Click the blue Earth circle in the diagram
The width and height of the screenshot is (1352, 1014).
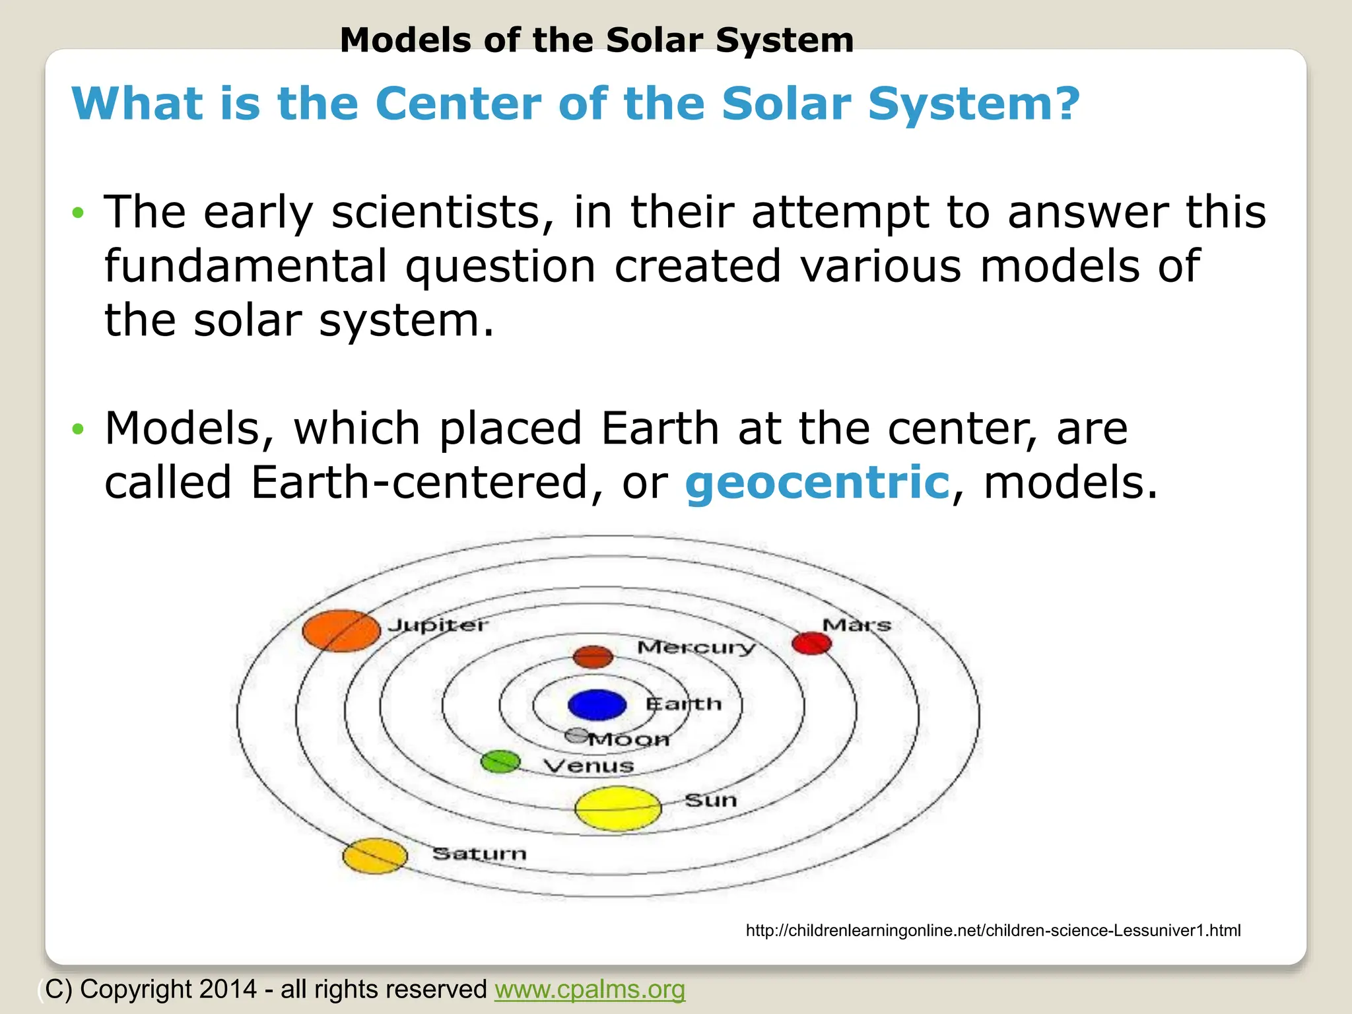(597, 704)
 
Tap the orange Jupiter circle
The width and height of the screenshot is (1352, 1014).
(341, 630)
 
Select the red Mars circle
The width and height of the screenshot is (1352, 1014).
(811, 643)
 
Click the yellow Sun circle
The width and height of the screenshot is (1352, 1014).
(618, 808)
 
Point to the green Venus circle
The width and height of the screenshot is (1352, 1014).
(500, 762)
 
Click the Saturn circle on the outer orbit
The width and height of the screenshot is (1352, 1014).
(375, 856)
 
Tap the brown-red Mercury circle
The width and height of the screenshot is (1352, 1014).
(593, 656)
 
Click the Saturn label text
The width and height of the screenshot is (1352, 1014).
(479, 854)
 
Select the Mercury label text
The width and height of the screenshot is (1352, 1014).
(696, 647)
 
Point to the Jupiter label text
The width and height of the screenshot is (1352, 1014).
(438, 625)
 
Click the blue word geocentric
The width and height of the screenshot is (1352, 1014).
(817, 482)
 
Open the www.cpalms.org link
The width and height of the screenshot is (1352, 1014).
(590, 989)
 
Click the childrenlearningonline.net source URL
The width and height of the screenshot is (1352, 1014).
(993, 931)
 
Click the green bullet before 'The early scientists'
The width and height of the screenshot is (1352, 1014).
(79, 213)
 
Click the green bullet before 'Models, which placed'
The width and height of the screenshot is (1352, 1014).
(79, 429)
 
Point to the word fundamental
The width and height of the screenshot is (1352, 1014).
(246, 266)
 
